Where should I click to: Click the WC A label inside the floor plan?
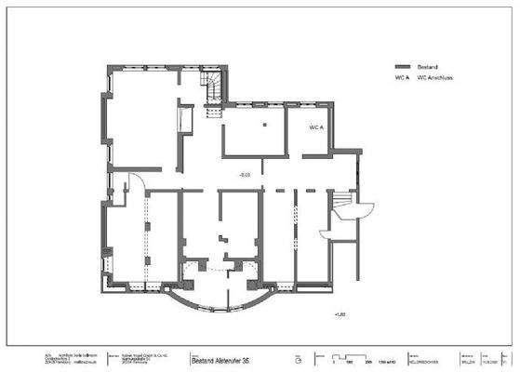[x=315, y=126]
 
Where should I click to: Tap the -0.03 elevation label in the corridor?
[x=246, y=173]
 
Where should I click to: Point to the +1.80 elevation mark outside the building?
[x=339, y=316]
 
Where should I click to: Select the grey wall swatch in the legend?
[x=402, y=69]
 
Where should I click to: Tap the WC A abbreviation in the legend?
[x=401, y=80]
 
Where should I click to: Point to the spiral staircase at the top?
[x=213, y=86]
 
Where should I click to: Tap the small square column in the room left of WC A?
[x=264, y=124]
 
